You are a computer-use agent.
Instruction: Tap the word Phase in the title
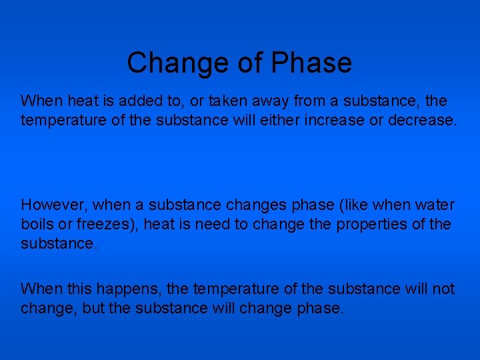point(311,63)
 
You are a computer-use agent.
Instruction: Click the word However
point(54,205)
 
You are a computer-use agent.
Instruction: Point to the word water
point(435,205)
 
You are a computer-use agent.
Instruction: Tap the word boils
point(37,223)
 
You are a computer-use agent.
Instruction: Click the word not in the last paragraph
point(443,289)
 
